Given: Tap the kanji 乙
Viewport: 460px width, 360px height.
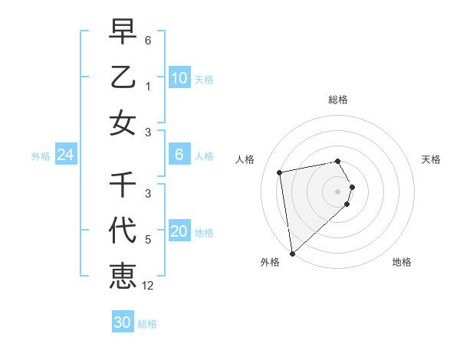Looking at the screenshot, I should tap(123, 77).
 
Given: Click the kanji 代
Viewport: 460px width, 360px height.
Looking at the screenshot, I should tap(123, 230).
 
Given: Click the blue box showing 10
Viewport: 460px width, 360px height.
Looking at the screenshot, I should tap(179, 78).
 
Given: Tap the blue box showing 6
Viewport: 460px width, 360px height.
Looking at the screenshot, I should tap(179, 155).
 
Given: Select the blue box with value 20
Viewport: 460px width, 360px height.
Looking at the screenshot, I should tap(179, 231).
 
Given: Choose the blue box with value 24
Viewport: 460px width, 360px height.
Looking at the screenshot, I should tap(65, 155).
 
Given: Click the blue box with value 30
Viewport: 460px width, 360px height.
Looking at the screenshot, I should tap(123, 322).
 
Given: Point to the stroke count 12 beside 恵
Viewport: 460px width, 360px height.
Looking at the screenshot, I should tap(148, 286).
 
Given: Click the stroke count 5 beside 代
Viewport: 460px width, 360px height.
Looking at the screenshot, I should tap(148, 239).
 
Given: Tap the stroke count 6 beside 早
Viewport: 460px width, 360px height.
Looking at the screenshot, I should tap(148, 40).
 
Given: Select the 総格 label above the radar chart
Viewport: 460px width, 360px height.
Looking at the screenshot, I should tap(338, 100).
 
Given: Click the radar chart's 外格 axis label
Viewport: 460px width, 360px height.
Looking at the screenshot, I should tap(270, 262).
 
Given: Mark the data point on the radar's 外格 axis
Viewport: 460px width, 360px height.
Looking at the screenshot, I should tap(292, 253).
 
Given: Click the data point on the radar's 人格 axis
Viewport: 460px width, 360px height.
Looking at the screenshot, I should tap(280, 172).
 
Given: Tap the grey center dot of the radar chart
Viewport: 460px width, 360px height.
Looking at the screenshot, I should tap(338, 190).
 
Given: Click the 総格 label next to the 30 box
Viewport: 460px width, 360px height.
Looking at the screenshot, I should tap(147, 324).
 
